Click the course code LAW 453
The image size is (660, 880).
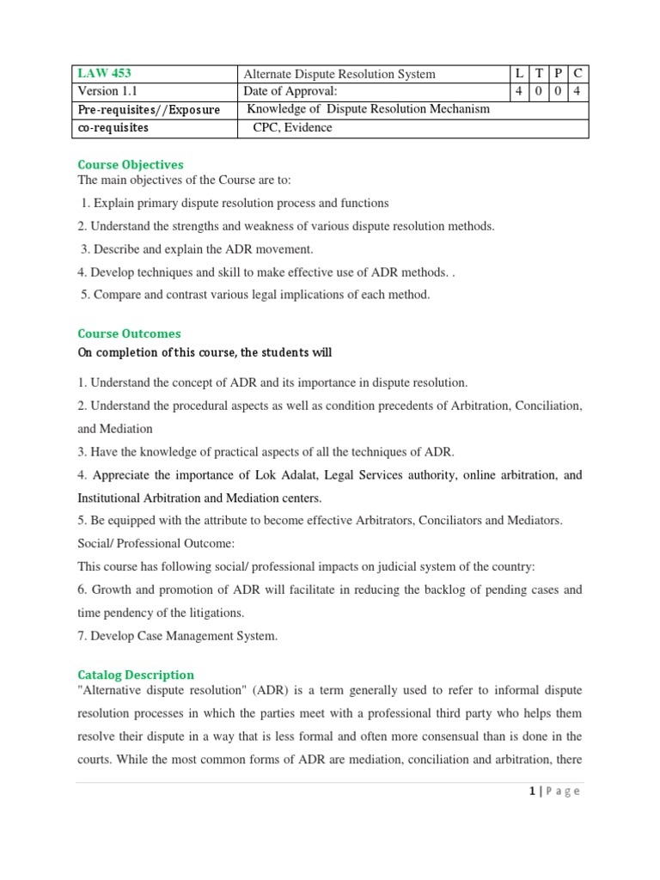pos(104,74)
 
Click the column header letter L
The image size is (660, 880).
pos(519,74)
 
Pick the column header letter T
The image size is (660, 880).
pos(539,74)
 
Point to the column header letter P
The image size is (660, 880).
pos(558,74)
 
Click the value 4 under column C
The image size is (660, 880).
pos(578,92)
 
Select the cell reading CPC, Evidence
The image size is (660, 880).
pos(291,128)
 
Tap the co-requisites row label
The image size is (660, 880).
pos(113,128)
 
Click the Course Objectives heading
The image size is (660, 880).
pos(131,164)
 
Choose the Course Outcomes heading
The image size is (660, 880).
pos(129,333)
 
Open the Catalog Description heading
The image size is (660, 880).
pos(136,675)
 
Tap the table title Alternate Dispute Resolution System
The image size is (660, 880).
pos(340,74)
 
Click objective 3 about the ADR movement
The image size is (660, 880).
pos(197,249)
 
